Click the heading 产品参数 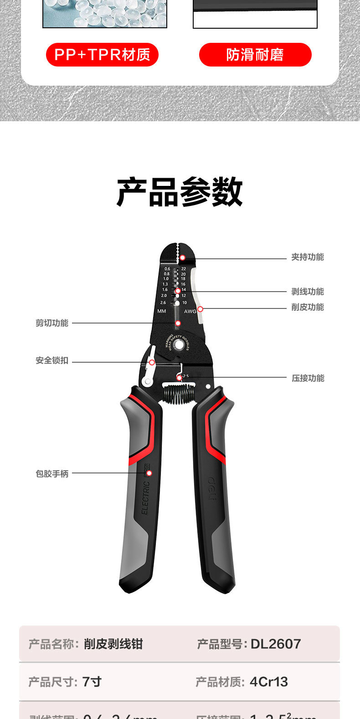[x=180, y=192]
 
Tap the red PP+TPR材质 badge [x=102, y=55]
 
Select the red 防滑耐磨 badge [x=255, y=55]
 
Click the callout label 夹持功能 [x=308, y=257]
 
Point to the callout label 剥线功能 [x=308, y=292]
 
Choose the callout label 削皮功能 [x=308, y=307]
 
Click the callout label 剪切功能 [x=52, y=323]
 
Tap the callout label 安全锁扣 [x=52, y=360]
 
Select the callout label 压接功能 [x=308, y=378]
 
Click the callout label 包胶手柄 [x=52, y=474]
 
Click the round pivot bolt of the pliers [x=179, y=345]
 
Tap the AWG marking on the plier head [x=190, y=312]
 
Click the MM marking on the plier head [x=162, y=311]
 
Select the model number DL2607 [x=276, y=644]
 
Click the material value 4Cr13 [x=269, y=682]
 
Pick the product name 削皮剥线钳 [x=113, y=644]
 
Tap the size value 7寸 [x=92, y=682]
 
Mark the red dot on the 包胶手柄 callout [x=149, y=473]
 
